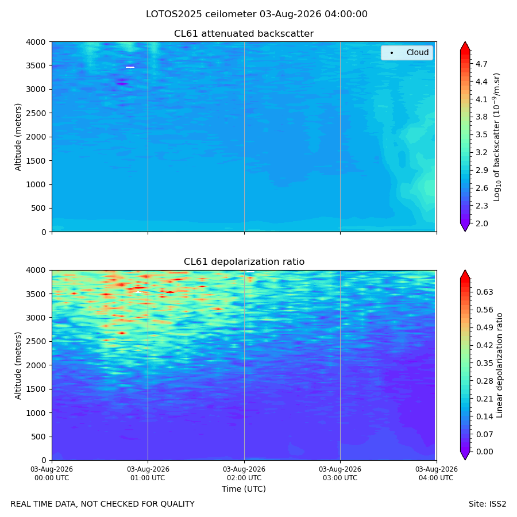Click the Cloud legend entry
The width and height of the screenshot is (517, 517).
pos(407,53)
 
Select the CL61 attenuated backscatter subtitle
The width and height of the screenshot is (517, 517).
pos(244,34)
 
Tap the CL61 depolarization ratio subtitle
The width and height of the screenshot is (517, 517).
pos(244,262)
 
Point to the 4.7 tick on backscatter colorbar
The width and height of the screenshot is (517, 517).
pos(481,64)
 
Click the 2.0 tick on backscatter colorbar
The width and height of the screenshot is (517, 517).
pos(481,223)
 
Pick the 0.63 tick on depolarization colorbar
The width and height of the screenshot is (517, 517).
pos(484,292)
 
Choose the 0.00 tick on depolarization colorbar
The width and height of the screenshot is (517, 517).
pos(484,452)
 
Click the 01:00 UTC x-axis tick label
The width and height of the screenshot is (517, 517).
pos(148,473)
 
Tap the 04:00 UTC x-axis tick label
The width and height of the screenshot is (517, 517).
pos(436,473)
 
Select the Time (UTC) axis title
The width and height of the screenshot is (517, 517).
pos(244,489)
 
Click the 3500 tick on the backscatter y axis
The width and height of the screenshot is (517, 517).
pos(36,65)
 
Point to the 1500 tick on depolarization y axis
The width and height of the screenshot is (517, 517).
pos(36,389)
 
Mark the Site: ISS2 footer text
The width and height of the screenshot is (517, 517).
pos(487,504)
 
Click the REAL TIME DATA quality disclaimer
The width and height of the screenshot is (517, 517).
pos(103,504)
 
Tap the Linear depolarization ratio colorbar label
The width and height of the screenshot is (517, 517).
pos(500,365)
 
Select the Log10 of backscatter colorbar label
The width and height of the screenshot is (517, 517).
pos(496,137)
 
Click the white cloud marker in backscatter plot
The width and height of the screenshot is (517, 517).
pos(130,67)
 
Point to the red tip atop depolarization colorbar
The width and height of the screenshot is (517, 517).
pos(465,275)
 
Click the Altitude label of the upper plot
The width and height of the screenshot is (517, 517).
pos(18,137)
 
